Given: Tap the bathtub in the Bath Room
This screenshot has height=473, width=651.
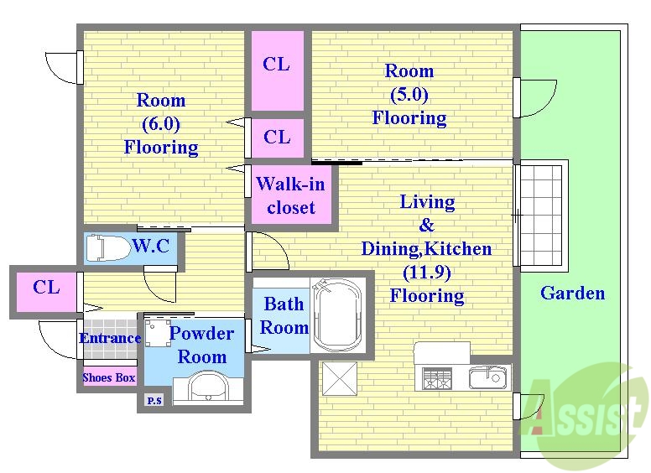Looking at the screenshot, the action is [x=337, y=315].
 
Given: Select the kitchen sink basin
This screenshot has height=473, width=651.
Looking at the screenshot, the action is [x=487, y=377].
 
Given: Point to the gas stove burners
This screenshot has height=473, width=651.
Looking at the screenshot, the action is [x=437, y=378].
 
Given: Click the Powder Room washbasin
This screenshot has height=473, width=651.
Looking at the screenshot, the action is [x=207, y=387].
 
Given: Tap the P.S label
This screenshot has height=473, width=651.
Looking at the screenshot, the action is [x=154, y=401].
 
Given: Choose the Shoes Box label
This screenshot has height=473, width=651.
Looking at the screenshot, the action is [x=109, y=377].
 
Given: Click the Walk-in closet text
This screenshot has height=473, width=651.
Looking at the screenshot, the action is [x=290, y=195].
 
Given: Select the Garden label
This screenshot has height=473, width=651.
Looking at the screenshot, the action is [x=572, y=293].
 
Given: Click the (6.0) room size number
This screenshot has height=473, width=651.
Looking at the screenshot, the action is [x=161, y=123].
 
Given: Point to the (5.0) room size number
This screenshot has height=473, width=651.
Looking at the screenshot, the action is [x=409, y=94].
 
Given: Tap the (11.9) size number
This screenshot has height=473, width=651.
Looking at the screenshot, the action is [x=427, y=273].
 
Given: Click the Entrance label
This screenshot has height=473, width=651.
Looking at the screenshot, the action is [x=110, y=338].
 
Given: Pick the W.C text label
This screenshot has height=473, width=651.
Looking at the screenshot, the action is [x=151, y=247].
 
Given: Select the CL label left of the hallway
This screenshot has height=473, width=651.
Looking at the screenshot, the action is [x=46, y=287].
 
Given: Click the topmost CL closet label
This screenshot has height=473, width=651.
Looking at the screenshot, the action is [x=276, y=64].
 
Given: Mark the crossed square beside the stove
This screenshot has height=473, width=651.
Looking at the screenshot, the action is [x=340, y=378].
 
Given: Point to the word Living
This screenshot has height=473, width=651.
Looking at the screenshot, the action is [x=427, y=202].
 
